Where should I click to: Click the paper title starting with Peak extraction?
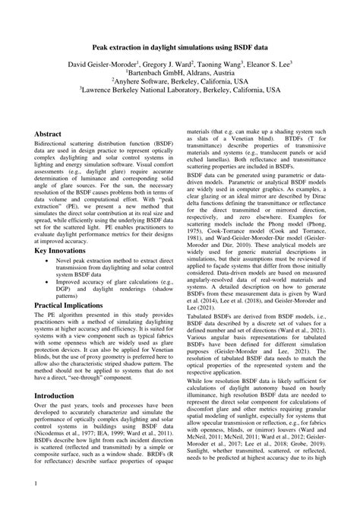pyautogui.click(x=180, y=46)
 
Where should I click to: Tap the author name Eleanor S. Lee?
pyautogui.click(x=261, y=67)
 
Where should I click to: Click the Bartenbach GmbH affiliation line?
pyautogui.click(x=180, y=78)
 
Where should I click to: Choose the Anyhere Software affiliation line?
pyautogui.click(x=180, y=88)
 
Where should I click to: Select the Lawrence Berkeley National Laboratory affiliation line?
pyautogui.click(x=180, y=99)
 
